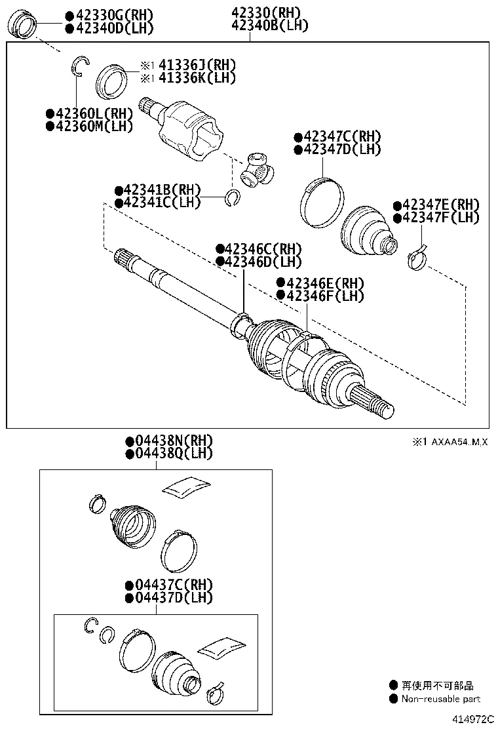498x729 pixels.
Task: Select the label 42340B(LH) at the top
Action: point(269,26)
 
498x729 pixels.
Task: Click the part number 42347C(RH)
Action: point(337,137)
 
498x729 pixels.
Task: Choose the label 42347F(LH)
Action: point(436,217)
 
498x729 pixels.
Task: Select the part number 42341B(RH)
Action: point(157,190)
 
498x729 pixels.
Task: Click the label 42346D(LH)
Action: point(258,262)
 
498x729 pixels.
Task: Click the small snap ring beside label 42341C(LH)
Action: point(232,197)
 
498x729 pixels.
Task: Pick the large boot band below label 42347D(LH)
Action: point(321,203)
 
